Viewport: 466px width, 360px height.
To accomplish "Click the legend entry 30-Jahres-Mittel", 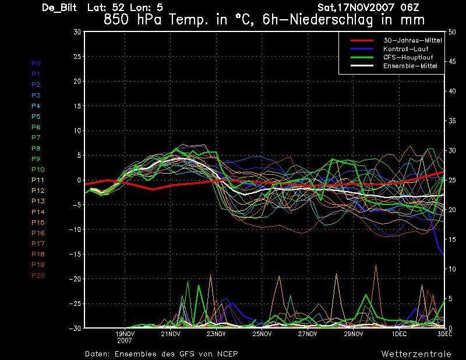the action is pyautogui.click(x=412, y=40).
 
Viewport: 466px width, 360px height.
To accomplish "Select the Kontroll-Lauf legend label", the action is pyautogui.click(x=405, y=49).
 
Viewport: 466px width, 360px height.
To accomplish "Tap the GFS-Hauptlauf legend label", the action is pyautogui.click(x=408, y=57).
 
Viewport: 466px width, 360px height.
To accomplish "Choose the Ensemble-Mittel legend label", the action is pyautogui.click(x=410, y=66).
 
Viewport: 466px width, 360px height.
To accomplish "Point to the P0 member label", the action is pyautogui.click(x=36, y=63).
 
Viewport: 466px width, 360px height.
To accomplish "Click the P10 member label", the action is pyautogui.click(x=38, y=170).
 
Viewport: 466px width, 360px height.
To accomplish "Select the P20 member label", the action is pyautogui.click(x=38, y=276).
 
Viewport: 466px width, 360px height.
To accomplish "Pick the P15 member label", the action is pyautogui.click(x=38, y=223).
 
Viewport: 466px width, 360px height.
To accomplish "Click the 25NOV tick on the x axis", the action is pyautogui.click(x=262, y=334).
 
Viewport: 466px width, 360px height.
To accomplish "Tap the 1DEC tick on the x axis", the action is pyautogui.click(x=399, y=334).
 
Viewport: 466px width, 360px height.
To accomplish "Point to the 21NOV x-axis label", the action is pyautogui.click(x=170, y=334).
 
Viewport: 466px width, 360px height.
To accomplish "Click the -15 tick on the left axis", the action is pyautogui.click(x=75, y=254).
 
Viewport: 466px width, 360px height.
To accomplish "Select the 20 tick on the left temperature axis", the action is pyautogui.click(x=77, y=81).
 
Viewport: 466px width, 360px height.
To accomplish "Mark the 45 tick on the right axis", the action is pyautogui.click(x=452, y=62).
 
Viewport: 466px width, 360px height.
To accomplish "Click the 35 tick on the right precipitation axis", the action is pyautogui.click(x=452, y=121).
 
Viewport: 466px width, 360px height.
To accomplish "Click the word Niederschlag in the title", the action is pyautogui.click(x=331, y=20).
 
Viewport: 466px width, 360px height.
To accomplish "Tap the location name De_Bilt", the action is pyautogui.click(x=59, y=8).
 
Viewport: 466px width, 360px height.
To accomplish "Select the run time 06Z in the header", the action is pyautogui.click(x=409, y=7).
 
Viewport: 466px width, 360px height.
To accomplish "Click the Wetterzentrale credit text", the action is pyautogui.click(x=416, y=354).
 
